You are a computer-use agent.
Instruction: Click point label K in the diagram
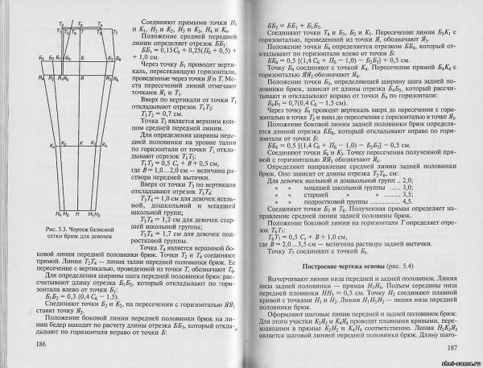click(60, 145)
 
